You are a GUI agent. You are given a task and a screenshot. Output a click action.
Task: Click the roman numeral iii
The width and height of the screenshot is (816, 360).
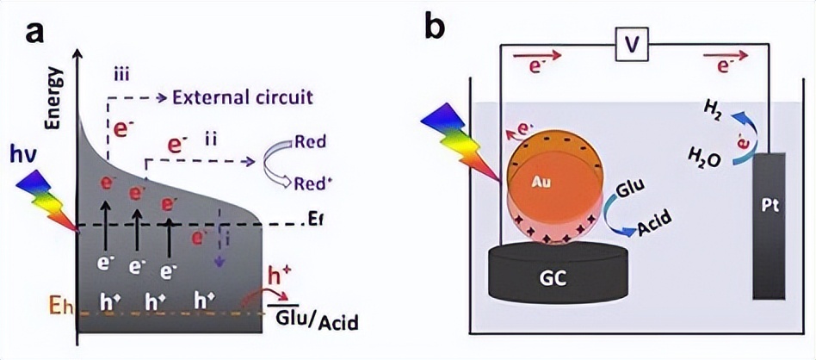121,73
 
